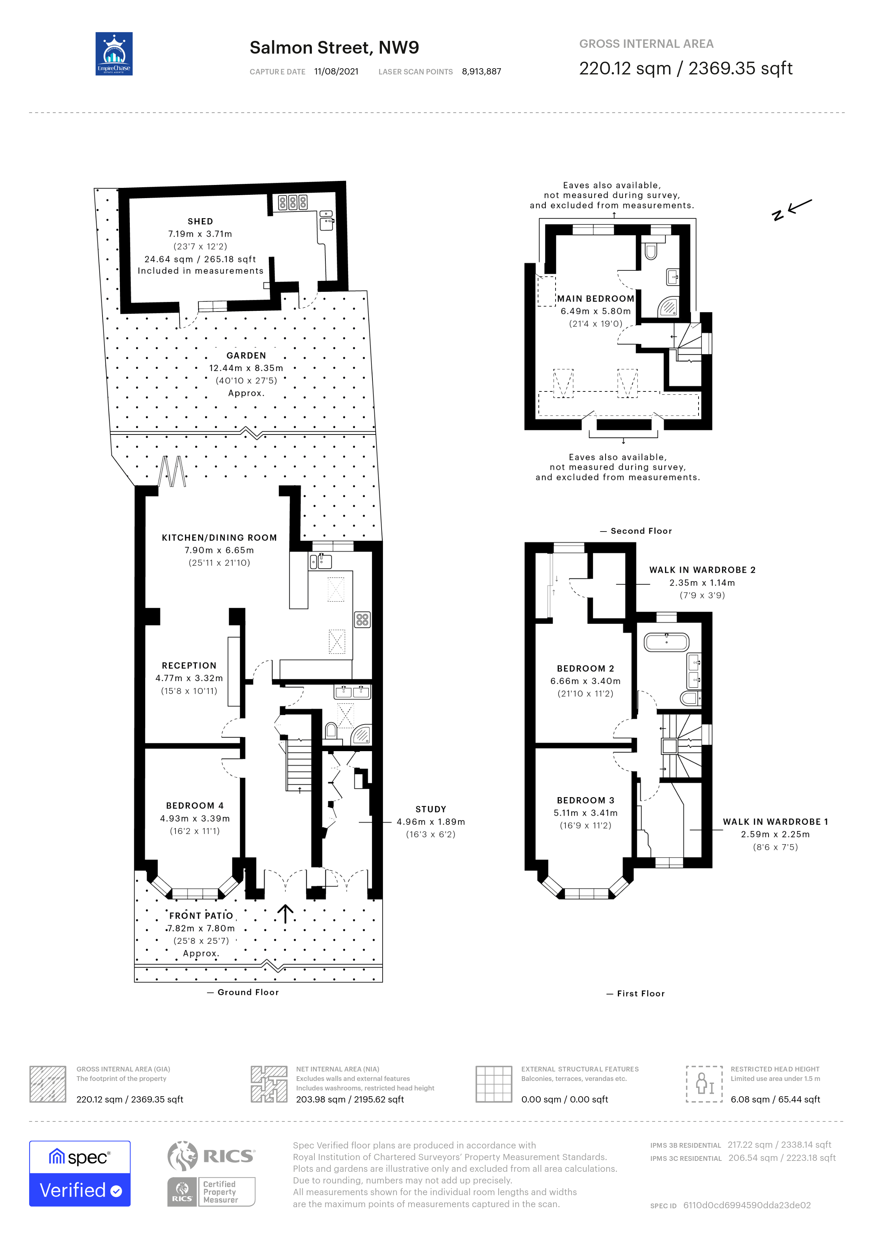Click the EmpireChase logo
click(x=113, y=54)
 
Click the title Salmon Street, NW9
click(x=334, y=48)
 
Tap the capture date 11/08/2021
click(x=336, y=72)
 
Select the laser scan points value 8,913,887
click(x=481, y=72)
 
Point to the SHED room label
click(x=200, y=221)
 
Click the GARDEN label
click(x=246, y=355)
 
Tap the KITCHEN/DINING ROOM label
click(x=219, y=537)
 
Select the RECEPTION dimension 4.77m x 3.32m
click(x=189, y=678)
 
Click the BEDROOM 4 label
click(x=194, y=806)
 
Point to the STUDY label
click(x=430, y=809)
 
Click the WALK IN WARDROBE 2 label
click(x=702, y=569)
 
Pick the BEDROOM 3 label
click(x=585, y=800)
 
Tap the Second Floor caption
click(x=641, y=531)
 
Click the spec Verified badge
click(x=80, y=1174)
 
